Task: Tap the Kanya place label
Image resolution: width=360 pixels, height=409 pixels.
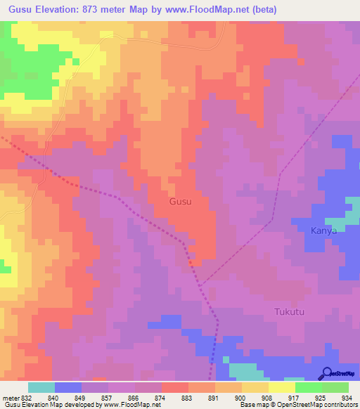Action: coord(324,231)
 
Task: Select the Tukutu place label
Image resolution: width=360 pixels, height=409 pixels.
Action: coord(289,311)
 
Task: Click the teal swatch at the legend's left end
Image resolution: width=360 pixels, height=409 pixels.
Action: coord(41,387)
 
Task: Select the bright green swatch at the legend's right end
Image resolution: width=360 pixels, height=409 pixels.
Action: coord(335,387)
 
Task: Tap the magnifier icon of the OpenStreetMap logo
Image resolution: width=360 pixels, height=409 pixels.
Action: coord(326,374)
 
